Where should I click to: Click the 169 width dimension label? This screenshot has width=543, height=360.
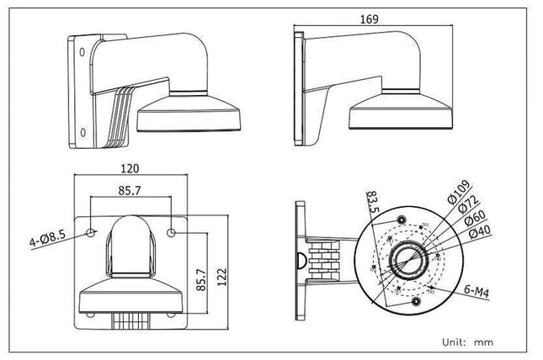[369, 19]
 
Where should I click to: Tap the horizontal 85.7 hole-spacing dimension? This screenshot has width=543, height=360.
[129, 191]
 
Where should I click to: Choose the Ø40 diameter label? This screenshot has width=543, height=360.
[487, 235]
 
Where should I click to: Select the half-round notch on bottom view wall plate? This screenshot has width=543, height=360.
[299, 257]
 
